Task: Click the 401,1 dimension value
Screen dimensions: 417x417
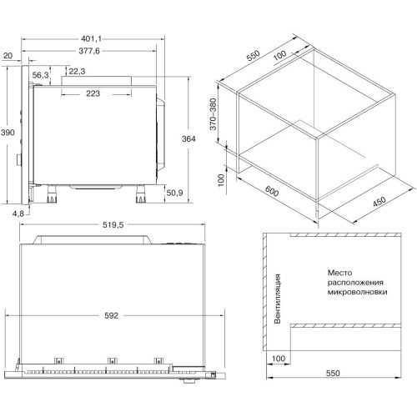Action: point(91,39)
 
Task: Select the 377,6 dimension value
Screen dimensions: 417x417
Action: point(89,51)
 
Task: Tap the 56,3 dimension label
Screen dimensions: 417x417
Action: point(40,75)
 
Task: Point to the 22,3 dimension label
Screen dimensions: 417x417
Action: point(77,72)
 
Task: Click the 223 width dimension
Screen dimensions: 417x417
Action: point(93,93)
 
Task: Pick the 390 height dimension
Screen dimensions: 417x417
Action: point(8,133)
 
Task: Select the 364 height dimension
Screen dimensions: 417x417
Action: point(188,138)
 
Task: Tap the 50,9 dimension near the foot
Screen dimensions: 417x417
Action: point(174,193)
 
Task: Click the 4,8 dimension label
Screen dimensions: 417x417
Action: point(18,214)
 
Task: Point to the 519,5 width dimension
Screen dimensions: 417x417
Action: point(113,225)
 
